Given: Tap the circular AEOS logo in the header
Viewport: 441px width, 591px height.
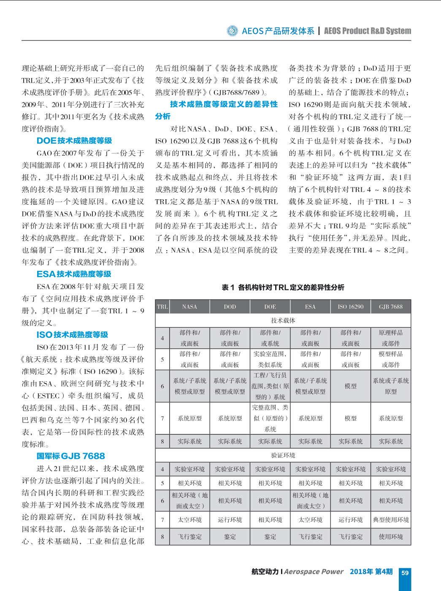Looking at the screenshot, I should click(x=232, y=31).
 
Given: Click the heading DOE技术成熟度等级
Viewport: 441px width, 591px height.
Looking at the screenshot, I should click(x=74, y=141).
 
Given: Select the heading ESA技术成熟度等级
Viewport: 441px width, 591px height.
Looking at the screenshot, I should click(x=74, y=274).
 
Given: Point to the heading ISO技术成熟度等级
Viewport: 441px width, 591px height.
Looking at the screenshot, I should click(x=72, y=335).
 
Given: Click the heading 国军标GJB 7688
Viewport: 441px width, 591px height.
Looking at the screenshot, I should click(x=70, y=456).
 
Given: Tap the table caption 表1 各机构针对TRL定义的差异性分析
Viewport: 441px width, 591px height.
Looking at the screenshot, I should click(x=283, y=287).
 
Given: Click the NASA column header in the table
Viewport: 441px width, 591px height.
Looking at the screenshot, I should click(x=189, y=307).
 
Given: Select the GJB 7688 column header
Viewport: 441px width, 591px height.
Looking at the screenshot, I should click(x=391, y=307).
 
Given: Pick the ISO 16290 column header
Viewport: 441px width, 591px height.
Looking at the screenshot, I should click(x=350, y=307).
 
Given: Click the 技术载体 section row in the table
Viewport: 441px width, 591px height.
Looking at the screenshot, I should click(x=283, y=321).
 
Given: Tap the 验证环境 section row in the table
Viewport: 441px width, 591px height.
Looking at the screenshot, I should click(x=283, y=455).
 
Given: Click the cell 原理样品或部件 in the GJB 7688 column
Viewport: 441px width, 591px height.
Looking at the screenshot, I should click(x=391, y=338).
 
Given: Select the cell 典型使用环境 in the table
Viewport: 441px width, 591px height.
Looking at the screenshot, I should click(x=391, y=520).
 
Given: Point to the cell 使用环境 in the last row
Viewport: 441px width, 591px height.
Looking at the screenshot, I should click(x=391, y=537).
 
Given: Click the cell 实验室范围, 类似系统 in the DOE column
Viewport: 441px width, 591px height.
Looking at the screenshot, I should click(x=270, y=359).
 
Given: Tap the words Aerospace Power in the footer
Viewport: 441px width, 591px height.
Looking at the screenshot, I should click(x=314, y=572).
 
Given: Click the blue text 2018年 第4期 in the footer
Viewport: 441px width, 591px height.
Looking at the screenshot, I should click(x=371, y=572).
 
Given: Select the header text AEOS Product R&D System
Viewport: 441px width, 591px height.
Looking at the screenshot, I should click(x=367, y=31).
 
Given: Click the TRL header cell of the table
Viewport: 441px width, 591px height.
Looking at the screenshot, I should click(x=162, y=307).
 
